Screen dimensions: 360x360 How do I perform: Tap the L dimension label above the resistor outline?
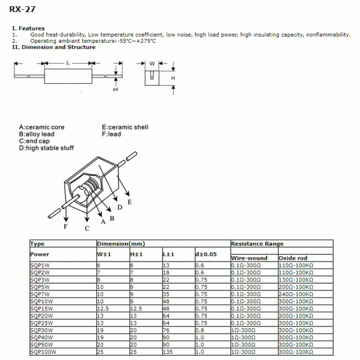pos(68,63)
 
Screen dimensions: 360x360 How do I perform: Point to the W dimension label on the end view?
pos(152,63)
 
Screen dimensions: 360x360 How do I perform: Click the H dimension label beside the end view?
pos(173,79)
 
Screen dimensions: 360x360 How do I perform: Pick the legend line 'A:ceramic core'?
pos(42,127)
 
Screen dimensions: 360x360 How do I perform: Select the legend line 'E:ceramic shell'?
pos(125,127)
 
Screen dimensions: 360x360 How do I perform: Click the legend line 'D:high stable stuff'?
pos(46,147)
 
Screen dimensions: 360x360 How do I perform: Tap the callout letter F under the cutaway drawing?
pos(65,226)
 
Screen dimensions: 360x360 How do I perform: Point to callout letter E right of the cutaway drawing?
pos(129,201)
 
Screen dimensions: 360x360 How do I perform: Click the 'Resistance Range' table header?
pos(257,244)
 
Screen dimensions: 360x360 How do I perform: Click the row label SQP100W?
pos(43,352)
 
